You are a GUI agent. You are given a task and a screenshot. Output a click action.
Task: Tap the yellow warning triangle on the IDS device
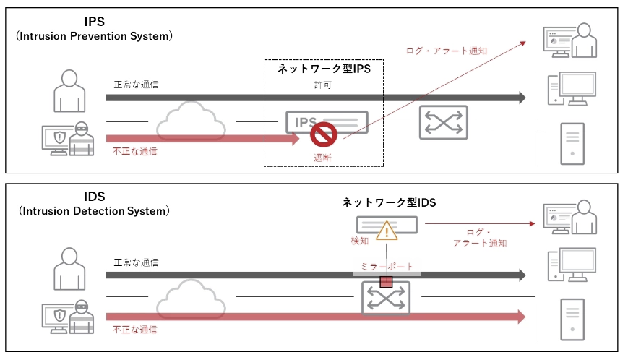[387, 231]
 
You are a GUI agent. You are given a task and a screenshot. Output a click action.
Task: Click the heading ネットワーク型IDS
[389, 203]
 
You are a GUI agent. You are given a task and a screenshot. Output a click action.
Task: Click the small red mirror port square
[386, 281]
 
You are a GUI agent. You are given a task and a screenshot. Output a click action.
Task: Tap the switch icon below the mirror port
[386, 298]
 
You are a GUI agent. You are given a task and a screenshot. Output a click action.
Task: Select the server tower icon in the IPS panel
[572, 143]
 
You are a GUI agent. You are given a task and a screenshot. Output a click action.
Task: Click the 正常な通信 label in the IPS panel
[135, 85]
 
